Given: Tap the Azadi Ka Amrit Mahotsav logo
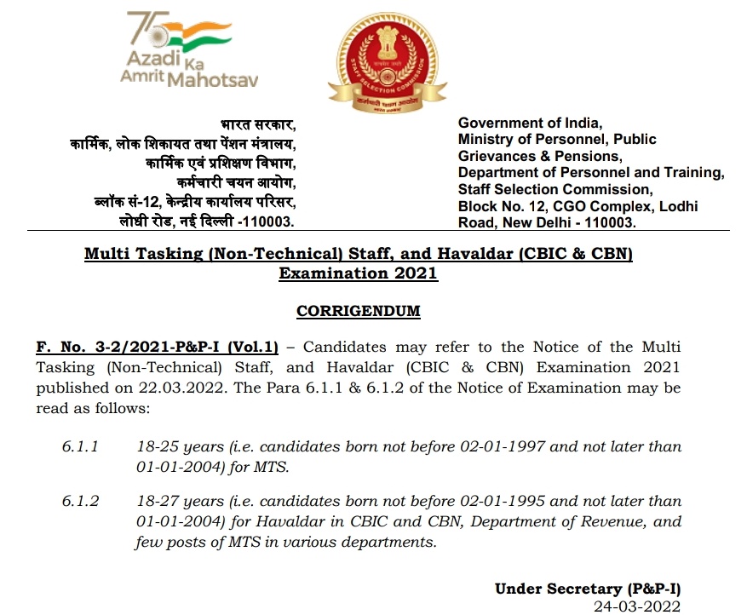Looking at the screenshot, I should [x=190, y=49].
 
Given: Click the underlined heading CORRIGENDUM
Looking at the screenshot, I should [x=359, y=312].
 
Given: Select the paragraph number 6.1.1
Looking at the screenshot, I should [x=81, y=446].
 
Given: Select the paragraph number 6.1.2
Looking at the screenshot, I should [x=81, y=501].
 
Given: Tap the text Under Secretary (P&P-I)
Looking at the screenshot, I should [x=588, y=589].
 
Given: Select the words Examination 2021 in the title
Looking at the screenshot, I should [x=358, y=274].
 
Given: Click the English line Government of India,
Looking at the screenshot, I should [x=530, y=124].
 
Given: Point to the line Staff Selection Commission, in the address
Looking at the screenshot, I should [x=555, y=189].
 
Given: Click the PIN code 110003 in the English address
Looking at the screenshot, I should [x=606, y=222].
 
